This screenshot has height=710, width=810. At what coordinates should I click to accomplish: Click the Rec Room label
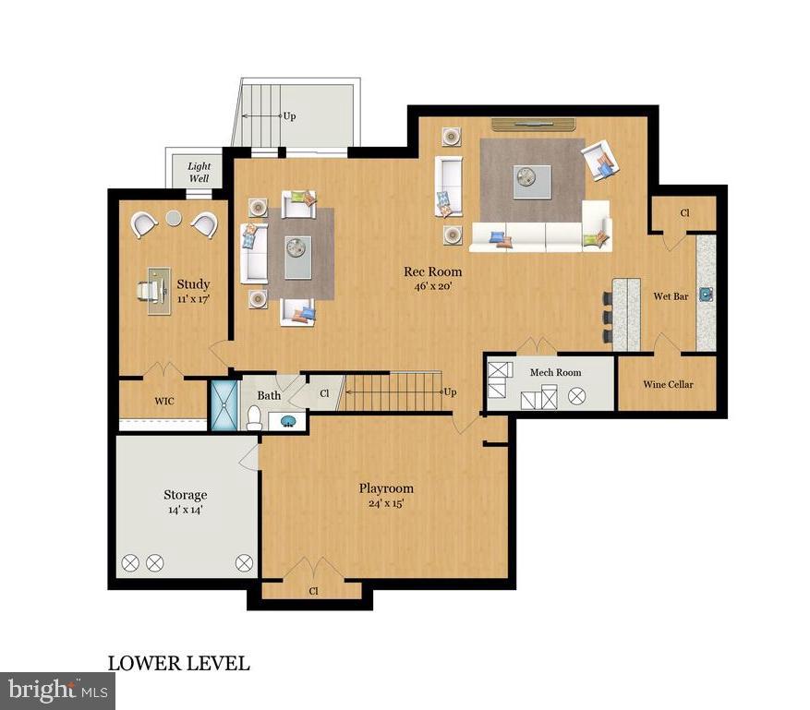(x=432, y=271)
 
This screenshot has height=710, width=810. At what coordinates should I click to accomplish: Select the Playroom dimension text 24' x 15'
(x=386, y=503)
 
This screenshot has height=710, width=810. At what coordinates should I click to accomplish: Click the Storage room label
(x=185, y=495)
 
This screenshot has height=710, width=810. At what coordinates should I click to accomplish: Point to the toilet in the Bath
(x=253, y=420)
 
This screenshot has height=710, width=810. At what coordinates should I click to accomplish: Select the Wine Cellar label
(x=668, y=384)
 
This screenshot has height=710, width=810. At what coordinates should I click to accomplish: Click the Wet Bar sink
(x=707, y=294)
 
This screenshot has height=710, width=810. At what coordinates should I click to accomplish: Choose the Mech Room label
(x=555, y=372)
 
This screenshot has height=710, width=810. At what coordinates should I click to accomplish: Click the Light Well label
(x=199, y=172)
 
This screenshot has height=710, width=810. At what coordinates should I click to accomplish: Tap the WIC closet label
(x=164, y=401)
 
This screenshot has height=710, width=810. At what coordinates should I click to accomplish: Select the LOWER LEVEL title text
(x=178, y=663)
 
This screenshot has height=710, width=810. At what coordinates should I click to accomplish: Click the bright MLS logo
(x=57, y=690)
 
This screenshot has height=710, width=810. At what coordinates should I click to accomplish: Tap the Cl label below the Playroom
(x=313, y=591)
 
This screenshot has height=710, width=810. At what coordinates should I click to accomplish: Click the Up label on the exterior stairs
(x=289, y=116)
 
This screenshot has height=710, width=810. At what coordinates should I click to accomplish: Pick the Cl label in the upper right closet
(x=684, y=212)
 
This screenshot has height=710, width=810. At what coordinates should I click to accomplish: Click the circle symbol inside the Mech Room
(x=577, y=396)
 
